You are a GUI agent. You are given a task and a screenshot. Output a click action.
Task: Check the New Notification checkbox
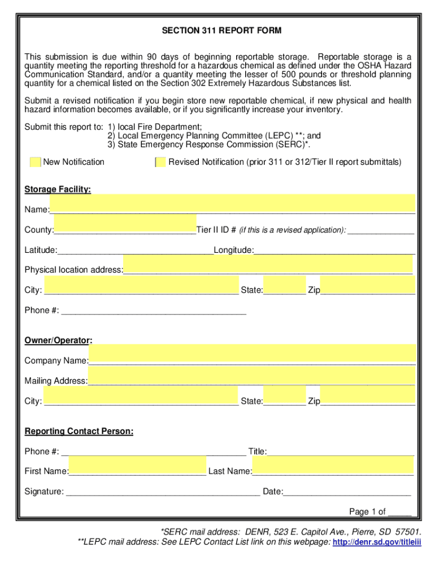click(35, 163)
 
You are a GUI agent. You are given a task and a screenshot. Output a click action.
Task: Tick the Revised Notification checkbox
click(160, 163)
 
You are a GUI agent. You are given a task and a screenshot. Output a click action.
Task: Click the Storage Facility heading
click(58, 190)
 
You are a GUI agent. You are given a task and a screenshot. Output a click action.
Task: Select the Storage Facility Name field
click(232, 203)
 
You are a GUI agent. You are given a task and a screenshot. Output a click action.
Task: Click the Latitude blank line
click(135, 250)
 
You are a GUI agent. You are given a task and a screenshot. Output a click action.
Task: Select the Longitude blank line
click(334, 250)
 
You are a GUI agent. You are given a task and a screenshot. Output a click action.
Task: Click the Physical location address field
click(267, 264)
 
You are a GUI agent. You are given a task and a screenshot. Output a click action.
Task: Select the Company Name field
click(252, 353)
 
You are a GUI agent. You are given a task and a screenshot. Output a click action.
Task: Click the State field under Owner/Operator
click(284, 396)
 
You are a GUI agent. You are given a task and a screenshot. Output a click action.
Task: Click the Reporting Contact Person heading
click(79, 432)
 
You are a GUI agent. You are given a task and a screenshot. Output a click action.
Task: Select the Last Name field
click(332, 466)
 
